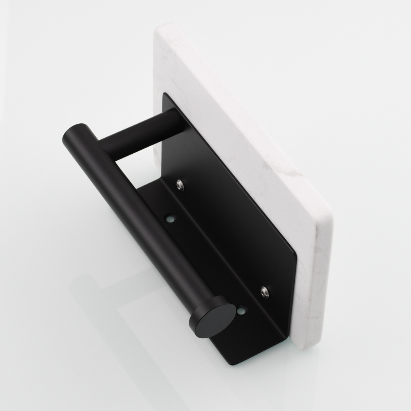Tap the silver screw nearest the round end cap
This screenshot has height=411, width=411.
pos(264,292)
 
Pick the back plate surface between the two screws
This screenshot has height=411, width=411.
pos(222,238)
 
